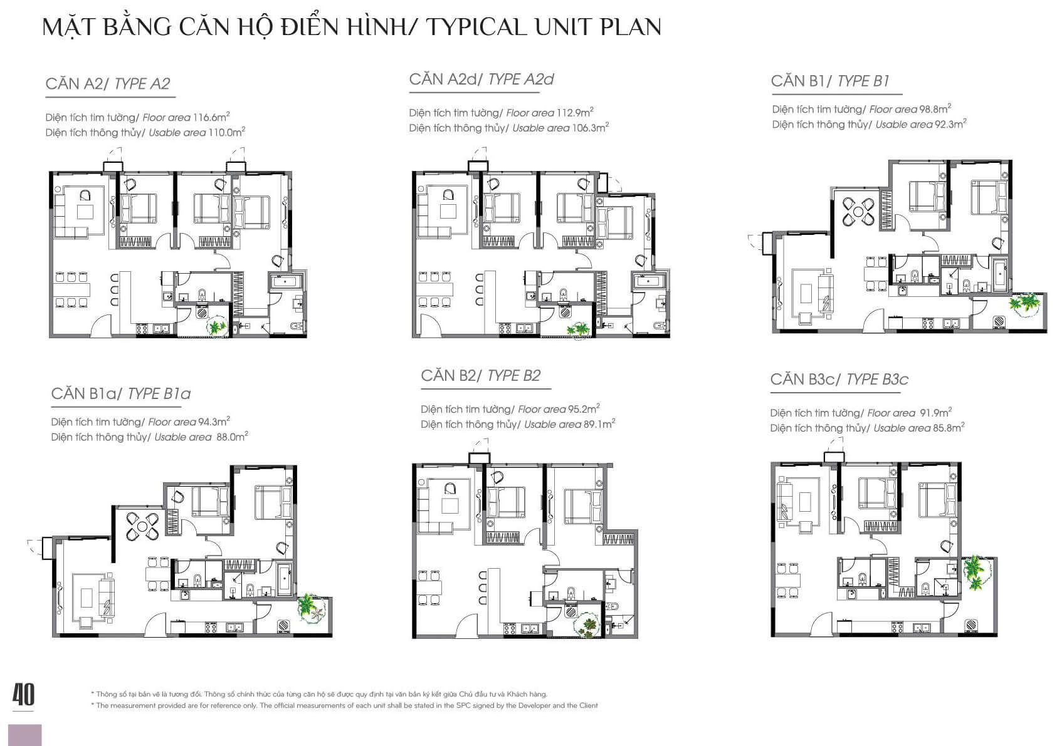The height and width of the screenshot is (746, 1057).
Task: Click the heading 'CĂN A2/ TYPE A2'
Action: [108, 83]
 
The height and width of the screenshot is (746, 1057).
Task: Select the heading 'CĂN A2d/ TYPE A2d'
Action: [481, 79]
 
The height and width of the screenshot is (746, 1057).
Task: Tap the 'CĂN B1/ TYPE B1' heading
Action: [830, 81]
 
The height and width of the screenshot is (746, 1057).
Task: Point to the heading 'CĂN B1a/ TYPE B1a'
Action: [121, 393]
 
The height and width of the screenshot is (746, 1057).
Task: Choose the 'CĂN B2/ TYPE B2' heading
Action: [480, 375]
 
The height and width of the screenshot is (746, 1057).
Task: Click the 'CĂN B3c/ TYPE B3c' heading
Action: [839, 379]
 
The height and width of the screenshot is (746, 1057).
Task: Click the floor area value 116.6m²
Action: [211, 117]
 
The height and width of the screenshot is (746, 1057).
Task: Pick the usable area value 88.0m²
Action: [232, 437]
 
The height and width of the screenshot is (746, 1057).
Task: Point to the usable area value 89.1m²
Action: [599, 424]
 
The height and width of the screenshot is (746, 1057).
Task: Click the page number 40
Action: [23, 695]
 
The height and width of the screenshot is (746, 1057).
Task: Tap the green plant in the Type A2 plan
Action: [216, 327]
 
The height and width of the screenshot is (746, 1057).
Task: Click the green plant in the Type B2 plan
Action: [587, 626]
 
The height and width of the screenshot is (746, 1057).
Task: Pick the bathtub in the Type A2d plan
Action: [648, 281]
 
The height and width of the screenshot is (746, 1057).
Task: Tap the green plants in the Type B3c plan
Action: [975, 572]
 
